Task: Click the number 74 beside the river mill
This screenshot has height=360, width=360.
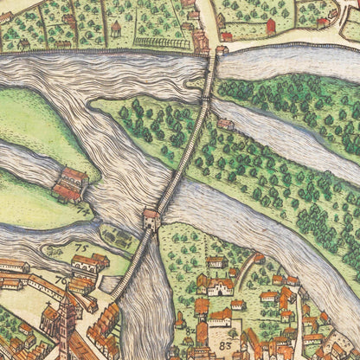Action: pos(82,207)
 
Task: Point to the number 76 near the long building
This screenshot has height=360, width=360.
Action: pos(61,280)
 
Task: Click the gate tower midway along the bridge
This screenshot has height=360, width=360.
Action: pos(151,220)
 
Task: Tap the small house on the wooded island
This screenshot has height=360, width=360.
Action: pos(226,125)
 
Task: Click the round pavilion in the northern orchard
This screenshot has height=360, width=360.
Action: pos(116,29)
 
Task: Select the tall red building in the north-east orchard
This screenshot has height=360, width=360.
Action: pos(270,26)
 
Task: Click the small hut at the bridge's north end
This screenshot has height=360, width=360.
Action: pos(222,50)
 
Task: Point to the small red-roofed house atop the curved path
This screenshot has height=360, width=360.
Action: pos(259,257)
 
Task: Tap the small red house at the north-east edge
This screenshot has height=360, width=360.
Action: pos(322,22)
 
